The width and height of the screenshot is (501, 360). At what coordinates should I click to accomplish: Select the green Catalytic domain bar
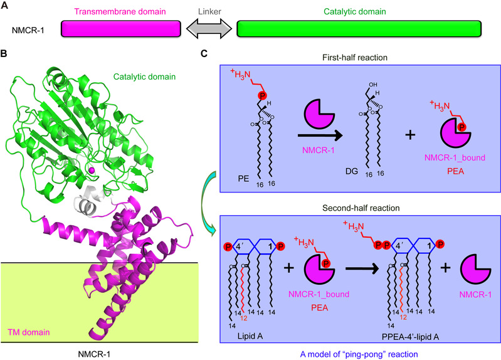click(x=359, y=29)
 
